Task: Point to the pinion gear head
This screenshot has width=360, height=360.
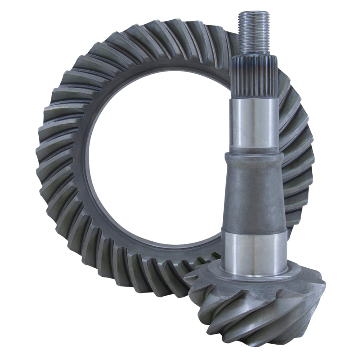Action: (256, 306)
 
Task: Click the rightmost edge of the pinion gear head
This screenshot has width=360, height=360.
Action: (324, 288)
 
